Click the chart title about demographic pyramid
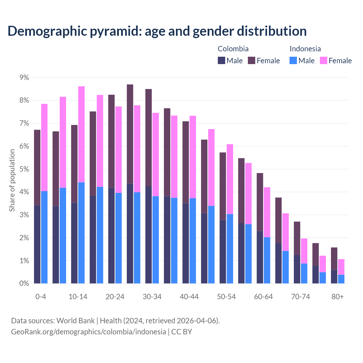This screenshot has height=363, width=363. pyautogui.click(x=157, y=31)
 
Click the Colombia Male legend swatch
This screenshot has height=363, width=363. pyautogui.click(x=221, y=60)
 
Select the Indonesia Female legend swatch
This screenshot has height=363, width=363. pyautogui.click(x=323, y=60)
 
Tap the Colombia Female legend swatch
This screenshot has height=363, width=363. pyautogui.click(x=252, y=60)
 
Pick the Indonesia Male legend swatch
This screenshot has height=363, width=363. pyautogui.click(x=293, y=60)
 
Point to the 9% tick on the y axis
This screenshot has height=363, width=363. pyautogui.click(x=24, y=77)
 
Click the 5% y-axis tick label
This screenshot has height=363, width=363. pyautogui.click(x=24, y=169)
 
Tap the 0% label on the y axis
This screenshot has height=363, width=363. pyautogui.click(x=24, y=284)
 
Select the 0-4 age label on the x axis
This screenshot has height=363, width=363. pyautogui.click(x=41, y=297)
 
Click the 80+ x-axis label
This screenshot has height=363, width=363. pyautogui.click(x=337, y=297)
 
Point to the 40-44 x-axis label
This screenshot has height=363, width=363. pyautogui.click(x=189, y=297)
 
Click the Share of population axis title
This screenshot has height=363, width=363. pyautogui.click(x=12, y=180)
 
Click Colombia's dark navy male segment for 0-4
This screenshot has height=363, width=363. pyautogui.click(x=37, y=244)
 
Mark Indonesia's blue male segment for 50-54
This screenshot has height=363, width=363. pyautogui.click(x=230, y=249)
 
